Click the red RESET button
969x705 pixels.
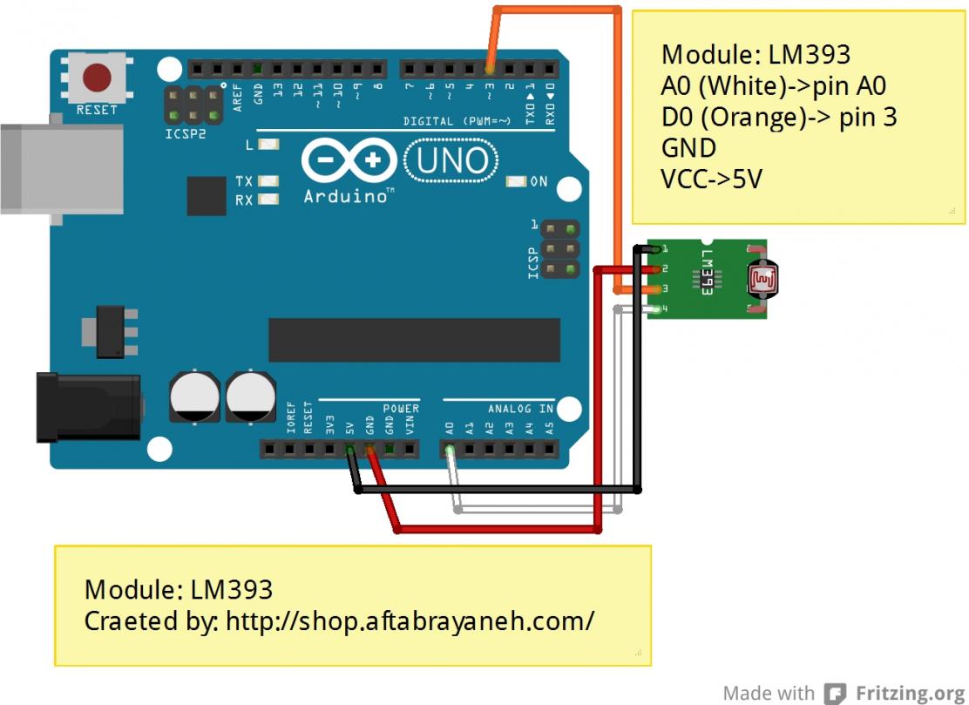pos(97,78)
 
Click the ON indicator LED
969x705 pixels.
pos(517,182)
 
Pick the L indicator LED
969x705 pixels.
pos(268,145)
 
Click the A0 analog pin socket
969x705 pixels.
pos(450,451)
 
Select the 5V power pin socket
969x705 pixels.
pos(349,451)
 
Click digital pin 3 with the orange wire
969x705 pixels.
pos(490,67)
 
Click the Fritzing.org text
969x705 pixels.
pos(910,693)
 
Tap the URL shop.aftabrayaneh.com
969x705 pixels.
pos(410,620)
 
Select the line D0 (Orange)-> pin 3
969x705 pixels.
pos(778,116)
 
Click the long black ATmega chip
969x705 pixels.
pos(414,340)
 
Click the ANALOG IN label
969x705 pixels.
pos(520,409)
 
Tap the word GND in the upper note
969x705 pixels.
pos(688,147)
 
